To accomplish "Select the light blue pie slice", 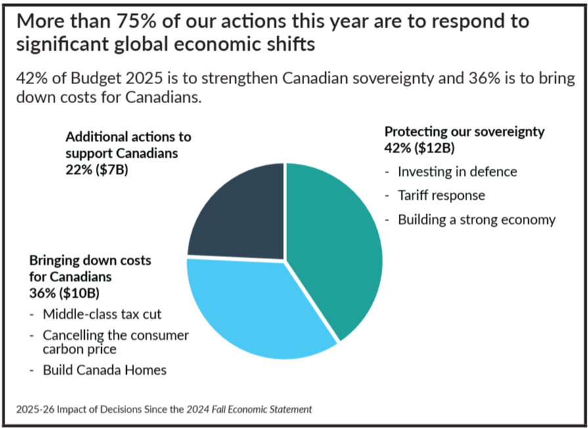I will point(256,309).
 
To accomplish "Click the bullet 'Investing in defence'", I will point(457,172).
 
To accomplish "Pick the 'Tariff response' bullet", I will point(441,195).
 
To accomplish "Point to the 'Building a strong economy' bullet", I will point(476,220).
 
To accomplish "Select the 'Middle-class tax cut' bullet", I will point(102,314).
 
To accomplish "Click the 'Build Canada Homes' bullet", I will point(104,369).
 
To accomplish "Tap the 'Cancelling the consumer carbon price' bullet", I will point(116,342).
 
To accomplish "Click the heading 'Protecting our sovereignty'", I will point(464,131).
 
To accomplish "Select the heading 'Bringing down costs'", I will point(90,260).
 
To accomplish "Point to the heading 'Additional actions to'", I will point(128,137).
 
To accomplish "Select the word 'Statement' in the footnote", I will point(291,410).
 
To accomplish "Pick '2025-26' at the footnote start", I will point(35,410).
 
